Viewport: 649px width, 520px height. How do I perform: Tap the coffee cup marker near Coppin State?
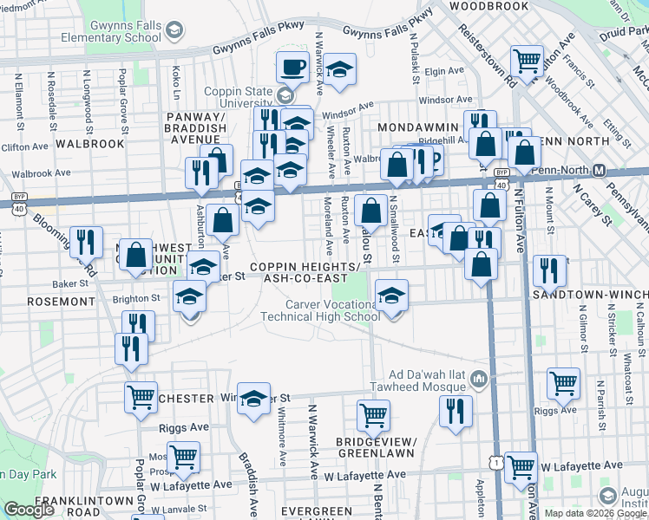(x=293, y=67)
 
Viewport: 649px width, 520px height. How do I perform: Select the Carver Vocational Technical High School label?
(x=321, y=309)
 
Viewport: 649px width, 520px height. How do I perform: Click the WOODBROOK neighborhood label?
(x=488, y=6)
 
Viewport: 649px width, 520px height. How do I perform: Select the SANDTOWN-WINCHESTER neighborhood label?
(x=590, y=295)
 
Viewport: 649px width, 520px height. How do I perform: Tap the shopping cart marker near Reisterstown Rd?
(x=526, y=61)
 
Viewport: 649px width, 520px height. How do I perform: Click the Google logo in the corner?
(x=29, y=510)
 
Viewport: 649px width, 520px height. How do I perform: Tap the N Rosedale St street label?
(x=53, y=96)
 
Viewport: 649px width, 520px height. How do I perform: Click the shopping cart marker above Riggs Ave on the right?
(x=563, y=382)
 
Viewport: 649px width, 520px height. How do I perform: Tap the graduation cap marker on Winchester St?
(x=253, y=399)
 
